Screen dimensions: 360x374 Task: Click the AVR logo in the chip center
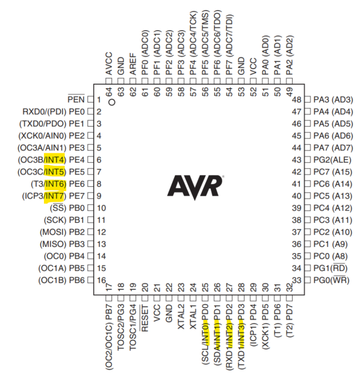click(x=195, y=187)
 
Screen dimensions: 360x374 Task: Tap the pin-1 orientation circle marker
click(x=111, y=102)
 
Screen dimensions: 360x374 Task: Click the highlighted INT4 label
click(x=55, y=159)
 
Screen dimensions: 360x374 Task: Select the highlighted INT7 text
click(x=55, y=196)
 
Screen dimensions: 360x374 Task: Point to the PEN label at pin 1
click(x=76, y=99)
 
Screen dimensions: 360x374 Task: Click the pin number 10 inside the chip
click(x=101, y=208)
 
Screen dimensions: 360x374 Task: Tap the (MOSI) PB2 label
click(x=62, y=232)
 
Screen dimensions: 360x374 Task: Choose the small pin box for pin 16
click(x=91, y=280)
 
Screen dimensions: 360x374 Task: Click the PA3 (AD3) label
click(x=333, y=99)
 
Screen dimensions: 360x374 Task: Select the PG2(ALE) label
click(x=332, y=159)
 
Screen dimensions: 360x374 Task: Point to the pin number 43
click(x=296, y=159)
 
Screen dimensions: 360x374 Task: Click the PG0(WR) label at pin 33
click(x=332, y=280)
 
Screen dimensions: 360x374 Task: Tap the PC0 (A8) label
click(x=330, y=256)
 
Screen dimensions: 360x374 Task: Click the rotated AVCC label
click(x=109, y=64)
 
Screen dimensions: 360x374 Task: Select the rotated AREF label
click(x=133, y=64)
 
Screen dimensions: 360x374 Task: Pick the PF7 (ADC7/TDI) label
click(x=229, y=45)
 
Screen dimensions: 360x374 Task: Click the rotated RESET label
click(x=144, y=318)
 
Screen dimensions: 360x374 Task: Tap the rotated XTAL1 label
click(x=193, y=317)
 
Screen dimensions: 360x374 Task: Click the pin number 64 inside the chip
click(x=109, y=91)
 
